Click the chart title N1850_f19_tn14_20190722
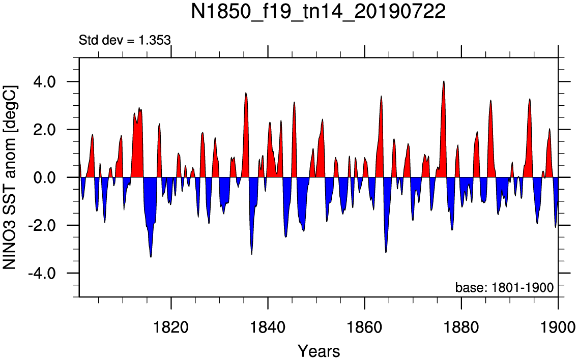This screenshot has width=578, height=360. point(318,12)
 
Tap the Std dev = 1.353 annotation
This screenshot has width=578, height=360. point(125,40)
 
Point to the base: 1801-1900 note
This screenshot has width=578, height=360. point(504,287)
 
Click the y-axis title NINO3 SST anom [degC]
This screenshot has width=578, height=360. point(10,177)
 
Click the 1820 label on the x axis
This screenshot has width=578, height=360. point(171,327)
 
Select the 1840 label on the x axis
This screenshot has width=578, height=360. point(268,327)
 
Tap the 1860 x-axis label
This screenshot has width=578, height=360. point(365,327)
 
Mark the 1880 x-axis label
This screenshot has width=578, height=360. point(461,327)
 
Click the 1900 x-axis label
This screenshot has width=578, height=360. point(558,327)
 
